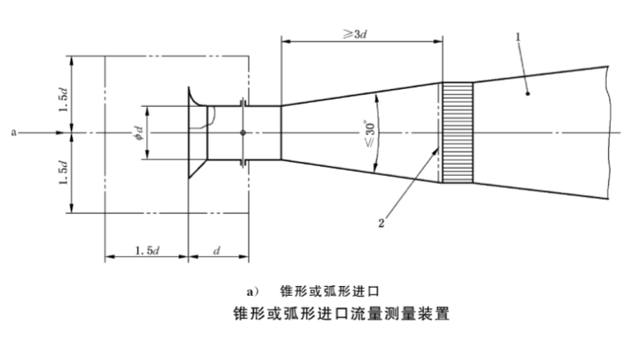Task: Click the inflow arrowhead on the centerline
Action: click(68, 131)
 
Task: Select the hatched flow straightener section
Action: click(456, 132)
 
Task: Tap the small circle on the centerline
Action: click(242, 132)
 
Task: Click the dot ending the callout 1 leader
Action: click(526, 94)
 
